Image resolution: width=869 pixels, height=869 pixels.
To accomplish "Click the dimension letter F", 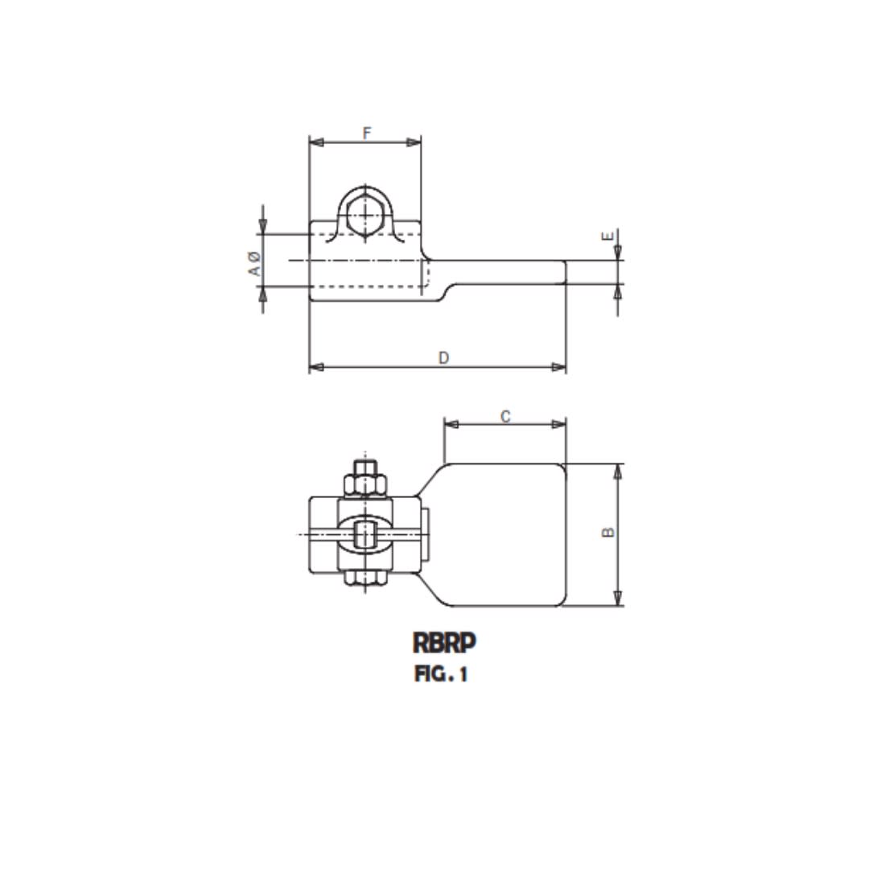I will [x=367, y=134].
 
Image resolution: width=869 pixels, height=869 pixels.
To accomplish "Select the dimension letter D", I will [x=443, y=358].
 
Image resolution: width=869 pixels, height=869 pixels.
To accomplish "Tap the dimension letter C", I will [x=505, y=416].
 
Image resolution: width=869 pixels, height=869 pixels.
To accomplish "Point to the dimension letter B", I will [x=609, y=532].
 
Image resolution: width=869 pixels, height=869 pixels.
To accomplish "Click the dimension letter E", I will [x=608, y=237].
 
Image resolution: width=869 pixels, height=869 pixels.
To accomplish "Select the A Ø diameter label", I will [x=254, y=263].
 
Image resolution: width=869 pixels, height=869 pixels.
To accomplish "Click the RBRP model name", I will [x=444, y=643].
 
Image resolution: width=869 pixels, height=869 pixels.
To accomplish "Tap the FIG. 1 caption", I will [x=441, y=674].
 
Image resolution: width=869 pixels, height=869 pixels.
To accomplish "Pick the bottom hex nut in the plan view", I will [x=366, y=576].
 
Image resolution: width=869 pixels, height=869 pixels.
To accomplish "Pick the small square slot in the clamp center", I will [x=366, y=534].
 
